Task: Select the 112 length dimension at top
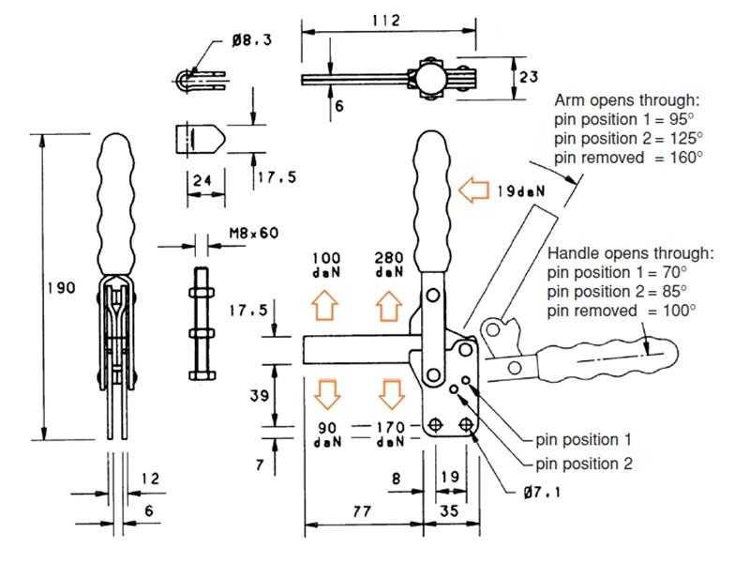coord(385,20)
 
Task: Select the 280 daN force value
coord(388,258)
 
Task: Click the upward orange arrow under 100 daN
coord(325,305)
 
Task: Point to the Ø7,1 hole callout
coord(537,492)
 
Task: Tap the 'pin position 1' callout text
coord(583,439)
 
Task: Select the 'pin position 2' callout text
coord(583,464)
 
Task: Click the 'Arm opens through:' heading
coord(627,99)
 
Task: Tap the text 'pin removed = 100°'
coord(621,309)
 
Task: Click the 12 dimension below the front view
coord(149,479)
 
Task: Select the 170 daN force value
coord(388,428)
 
